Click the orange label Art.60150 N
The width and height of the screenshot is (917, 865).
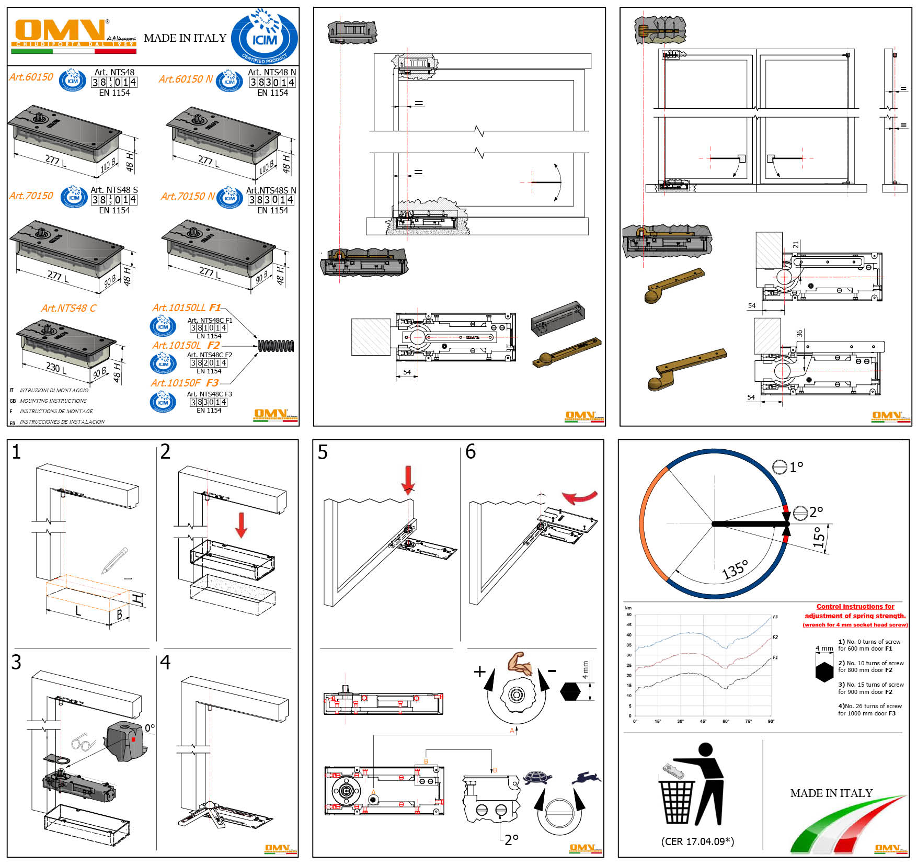pos(186,79)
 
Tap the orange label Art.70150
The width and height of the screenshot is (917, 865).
pos(31,196)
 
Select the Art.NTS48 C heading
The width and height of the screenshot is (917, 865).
pos(68,308)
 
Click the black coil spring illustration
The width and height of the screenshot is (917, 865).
pos(276,345)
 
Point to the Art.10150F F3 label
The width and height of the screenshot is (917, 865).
pos(185,383)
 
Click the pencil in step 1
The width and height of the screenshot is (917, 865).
pos(115,560)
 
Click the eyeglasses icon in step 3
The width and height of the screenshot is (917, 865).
pos(84,743)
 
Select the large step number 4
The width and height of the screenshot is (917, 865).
pos(165,662)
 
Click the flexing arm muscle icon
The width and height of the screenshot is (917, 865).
pos(520,663)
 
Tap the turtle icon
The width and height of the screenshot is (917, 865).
pos(537,777)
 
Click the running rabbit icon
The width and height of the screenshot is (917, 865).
pos(586,778)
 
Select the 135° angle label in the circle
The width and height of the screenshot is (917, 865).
pos(735,570)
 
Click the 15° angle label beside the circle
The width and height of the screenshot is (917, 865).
pos(819,537)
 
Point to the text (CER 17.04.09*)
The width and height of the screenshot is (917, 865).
pos(697,841)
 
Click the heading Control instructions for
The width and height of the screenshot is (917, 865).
pos(855,607)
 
